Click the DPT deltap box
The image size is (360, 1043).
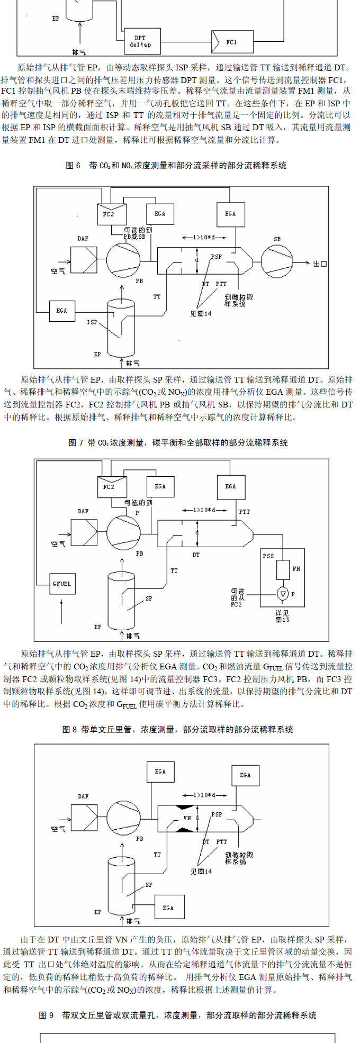pos(140,41)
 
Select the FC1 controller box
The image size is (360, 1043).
pos(232,42)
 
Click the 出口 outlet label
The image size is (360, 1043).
pos(320,264)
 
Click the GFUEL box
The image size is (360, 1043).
pos(62,584)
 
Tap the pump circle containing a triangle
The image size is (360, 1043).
pos(283,594)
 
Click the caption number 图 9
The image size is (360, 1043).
pos(47,1015)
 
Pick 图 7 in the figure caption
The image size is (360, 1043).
pos(76,442)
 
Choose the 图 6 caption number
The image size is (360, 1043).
pos(73,166)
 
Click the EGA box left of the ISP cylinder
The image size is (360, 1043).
pos(62,311)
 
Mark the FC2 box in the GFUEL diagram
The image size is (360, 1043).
pos(109,487)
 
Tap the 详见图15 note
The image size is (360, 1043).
pos(283,616)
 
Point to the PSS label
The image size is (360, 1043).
pos(268,556)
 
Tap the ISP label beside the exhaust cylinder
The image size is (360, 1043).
pos(92,322)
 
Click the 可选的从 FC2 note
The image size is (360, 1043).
pos(238,597)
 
